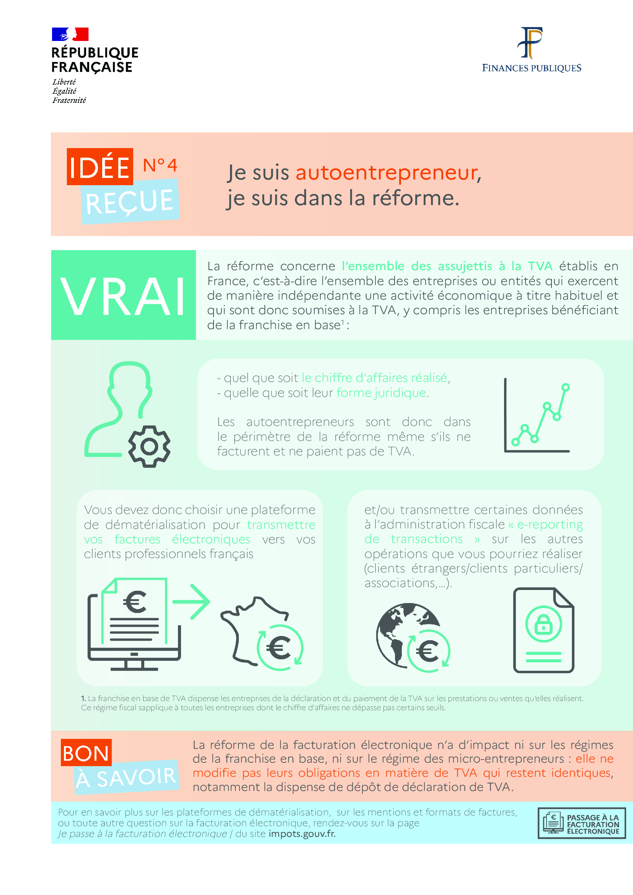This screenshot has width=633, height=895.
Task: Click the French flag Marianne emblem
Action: click(70, 34)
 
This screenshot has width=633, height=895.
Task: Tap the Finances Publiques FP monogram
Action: click(530, 42)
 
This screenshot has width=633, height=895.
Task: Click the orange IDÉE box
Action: click(100, 167)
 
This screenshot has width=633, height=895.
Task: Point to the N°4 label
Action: click(160, 166)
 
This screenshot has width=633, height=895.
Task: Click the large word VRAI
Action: click(123, 296)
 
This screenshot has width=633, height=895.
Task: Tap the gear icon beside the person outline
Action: click(149, 446)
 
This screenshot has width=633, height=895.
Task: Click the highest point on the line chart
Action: click(565, 387)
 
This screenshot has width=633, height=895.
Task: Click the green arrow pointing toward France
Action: click(192, 602)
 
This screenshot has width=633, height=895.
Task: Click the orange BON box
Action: click(86, 753)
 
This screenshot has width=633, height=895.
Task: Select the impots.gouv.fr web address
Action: click(302, 834)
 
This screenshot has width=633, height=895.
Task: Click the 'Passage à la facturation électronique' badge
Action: click(582, 823)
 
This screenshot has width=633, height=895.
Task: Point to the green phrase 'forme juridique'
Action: click(381, 393)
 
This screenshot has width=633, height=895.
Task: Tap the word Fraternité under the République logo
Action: click(69, 100)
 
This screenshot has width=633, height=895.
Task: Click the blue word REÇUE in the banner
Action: click(129, 202)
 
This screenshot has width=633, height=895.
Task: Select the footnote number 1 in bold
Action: click(83, 699)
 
